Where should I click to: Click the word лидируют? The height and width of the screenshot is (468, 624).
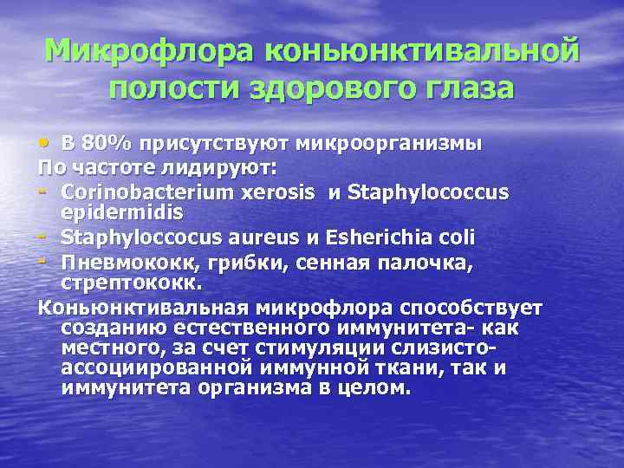[219, 166]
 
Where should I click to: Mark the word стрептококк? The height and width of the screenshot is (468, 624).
[131, 283]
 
